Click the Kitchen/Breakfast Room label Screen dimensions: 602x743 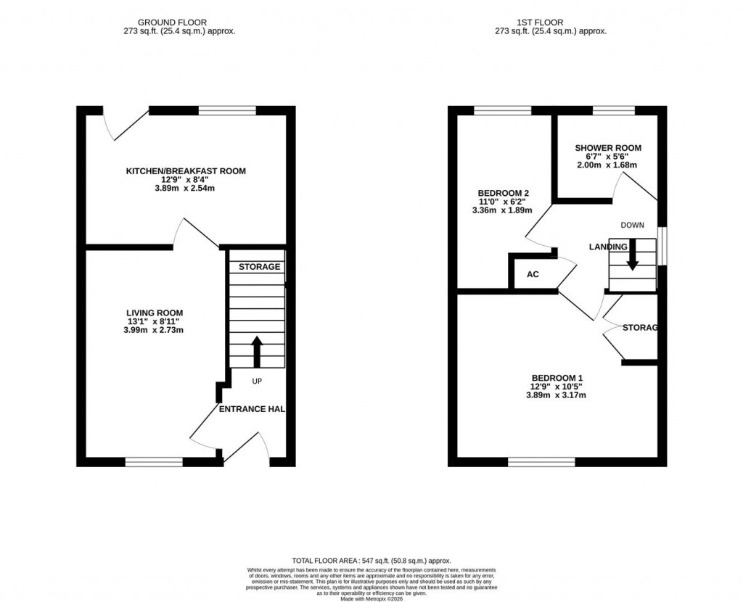[186, 171]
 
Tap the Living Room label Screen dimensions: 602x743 [155, 313]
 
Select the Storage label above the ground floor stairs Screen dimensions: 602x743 [259, 267]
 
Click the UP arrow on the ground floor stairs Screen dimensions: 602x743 [257, 351]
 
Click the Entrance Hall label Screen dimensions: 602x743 [252, 409]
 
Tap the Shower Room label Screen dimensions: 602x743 [609, 148]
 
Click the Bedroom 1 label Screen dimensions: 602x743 [557, 378]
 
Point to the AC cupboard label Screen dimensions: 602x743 [532, 276]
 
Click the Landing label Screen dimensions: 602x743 [607, 247]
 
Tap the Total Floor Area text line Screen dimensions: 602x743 [371, 561]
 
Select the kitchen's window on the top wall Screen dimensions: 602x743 [227, 110]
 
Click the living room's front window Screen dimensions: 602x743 [154, 461]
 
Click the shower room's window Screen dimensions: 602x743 [614, 110]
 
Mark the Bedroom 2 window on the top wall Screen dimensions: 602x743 [502, 110]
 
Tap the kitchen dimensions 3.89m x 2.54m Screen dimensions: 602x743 [186, 188]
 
